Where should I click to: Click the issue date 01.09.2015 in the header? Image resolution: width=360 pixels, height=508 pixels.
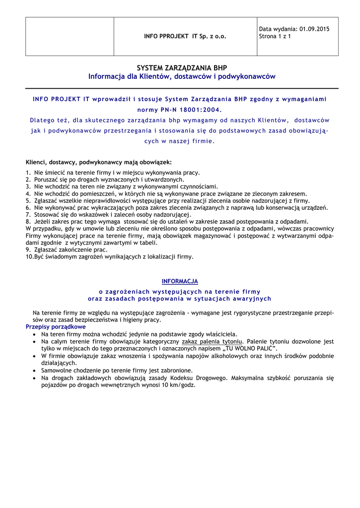[315, 29]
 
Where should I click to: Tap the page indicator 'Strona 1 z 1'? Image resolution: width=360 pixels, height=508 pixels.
[275, 36]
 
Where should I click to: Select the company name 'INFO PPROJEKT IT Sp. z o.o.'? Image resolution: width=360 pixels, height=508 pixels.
[185, 37]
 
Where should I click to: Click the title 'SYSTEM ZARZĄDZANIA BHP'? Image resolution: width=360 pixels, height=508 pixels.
[182, 68]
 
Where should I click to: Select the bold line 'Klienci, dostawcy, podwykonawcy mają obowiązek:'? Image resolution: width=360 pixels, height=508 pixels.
[99, 162]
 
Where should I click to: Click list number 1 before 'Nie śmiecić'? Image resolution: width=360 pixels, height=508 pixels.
[28, 173]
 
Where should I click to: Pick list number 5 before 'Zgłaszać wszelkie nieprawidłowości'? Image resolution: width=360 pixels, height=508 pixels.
[28, 201]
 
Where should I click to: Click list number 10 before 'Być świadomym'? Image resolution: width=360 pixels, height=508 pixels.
[29, 257]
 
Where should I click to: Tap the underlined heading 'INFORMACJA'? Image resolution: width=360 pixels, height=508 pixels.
[180, 281]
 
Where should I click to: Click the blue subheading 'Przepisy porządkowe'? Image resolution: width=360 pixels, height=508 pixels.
[56, 327]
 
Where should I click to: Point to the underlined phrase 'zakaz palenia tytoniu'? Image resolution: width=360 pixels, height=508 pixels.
[212, 342]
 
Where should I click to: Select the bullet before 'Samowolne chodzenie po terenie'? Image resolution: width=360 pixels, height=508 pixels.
[34, 371]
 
